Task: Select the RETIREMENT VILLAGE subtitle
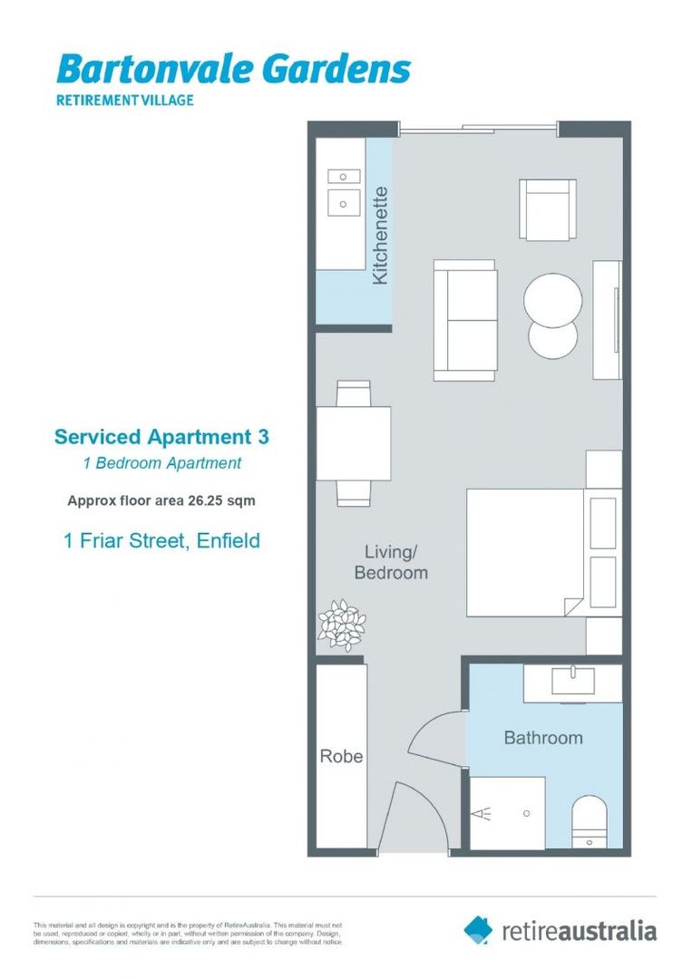125,100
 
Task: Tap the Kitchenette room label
381,236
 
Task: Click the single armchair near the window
547,209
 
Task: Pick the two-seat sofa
465,319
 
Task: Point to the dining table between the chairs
354,442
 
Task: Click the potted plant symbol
341,625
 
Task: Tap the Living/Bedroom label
390,562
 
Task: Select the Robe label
340,755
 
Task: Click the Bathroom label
542,738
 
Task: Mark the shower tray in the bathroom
508,813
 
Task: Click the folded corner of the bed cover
571,605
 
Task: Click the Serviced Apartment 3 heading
161,437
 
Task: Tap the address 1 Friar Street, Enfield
161,541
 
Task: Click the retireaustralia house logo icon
478,929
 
